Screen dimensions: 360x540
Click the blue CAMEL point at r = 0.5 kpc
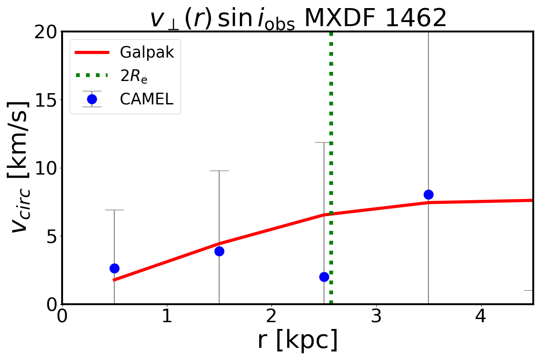(x=114, y=268)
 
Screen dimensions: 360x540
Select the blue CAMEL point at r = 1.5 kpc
(x=219, y=251)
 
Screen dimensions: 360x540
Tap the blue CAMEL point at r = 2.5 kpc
(x=324, y=277)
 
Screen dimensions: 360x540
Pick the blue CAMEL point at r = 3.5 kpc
(x=428, y=194)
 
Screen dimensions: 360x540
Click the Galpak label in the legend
(x=147, y=53)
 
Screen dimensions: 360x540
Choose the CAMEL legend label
(x=146, y=99)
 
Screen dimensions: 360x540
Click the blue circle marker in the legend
(x=92, y=99)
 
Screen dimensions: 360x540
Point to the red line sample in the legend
(x=92, y=53)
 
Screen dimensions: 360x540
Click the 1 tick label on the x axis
(x=167, y=316)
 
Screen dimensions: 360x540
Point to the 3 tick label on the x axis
(x=376, y=316)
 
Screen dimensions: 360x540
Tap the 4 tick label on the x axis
(x=481, y=316)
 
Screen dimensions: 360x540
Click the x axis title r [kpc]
(x=297, y=340)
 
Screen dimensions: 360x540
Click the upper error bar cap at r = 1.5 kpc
(x=219, y=171)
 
